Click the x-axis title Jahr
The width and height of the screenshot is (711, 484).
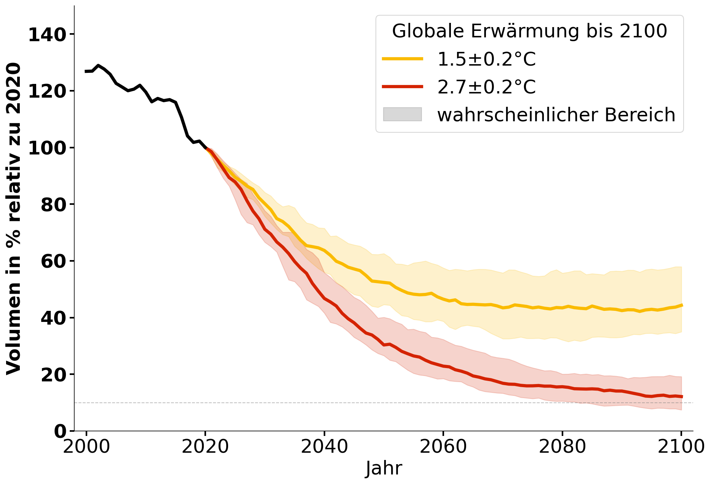point(384,468)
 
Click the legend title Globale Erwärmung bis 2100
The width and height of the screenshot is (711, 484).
point(529,31)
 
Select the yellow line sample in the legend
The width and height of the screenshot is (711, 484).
point(403,59)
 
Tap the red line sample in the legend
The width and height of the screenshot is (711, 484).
point(403,87)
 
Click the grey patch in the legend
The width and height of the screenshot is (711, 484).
point(403,114)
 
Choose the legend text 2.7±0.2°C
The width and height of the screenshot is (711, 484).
point(486,87)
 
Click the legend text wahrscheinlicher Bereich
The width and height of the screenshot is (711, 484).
point(556,115)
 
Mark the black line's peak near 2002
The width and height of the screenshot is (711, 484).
point(98,65)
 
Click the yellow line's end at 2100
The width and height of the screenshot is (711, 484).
point(681,305)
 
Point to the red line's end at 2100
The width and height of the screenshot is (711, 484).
point(681,397)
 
